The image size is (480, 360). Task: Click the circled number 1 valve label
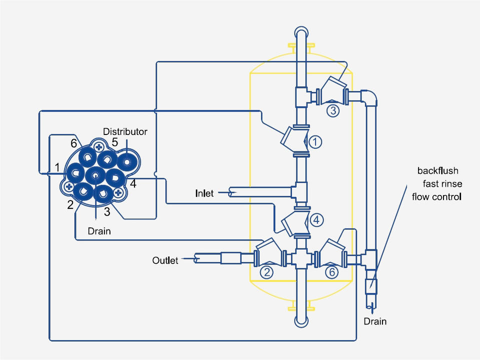click(315, 142)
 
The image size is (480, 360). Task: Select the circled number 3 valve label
click(332, 110)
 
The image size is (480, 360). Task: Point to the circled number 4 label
click(316, 219)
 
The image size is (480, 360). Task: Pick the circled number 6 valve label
click(331, 272)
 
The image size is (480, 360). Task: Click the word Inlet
click(204, 193)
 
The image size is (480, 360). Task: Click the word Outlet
click(165, 260)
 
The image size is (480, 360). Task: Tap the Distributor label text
click(125, 131)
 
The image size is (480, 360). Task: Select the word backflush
click(438, 171)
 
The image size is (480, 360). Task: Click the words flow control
click(436, 196)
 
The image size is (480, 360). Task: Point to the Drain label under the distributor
click(99, 231)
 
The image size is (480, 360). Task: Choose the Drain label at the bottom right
click(375, 321)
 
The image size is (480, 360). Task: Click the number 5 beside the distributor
click(114, 142)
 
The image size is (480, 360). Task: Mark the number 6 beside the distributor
click(73, 143)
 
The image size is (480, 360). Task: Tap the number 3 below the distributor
click(106, 211)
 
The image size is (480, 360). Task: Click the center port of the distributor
click(94, 175)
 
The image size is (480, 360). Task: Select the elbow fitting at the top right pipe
click(369, 95)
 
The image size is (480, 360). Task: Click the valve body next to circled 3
click(332, 90)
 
